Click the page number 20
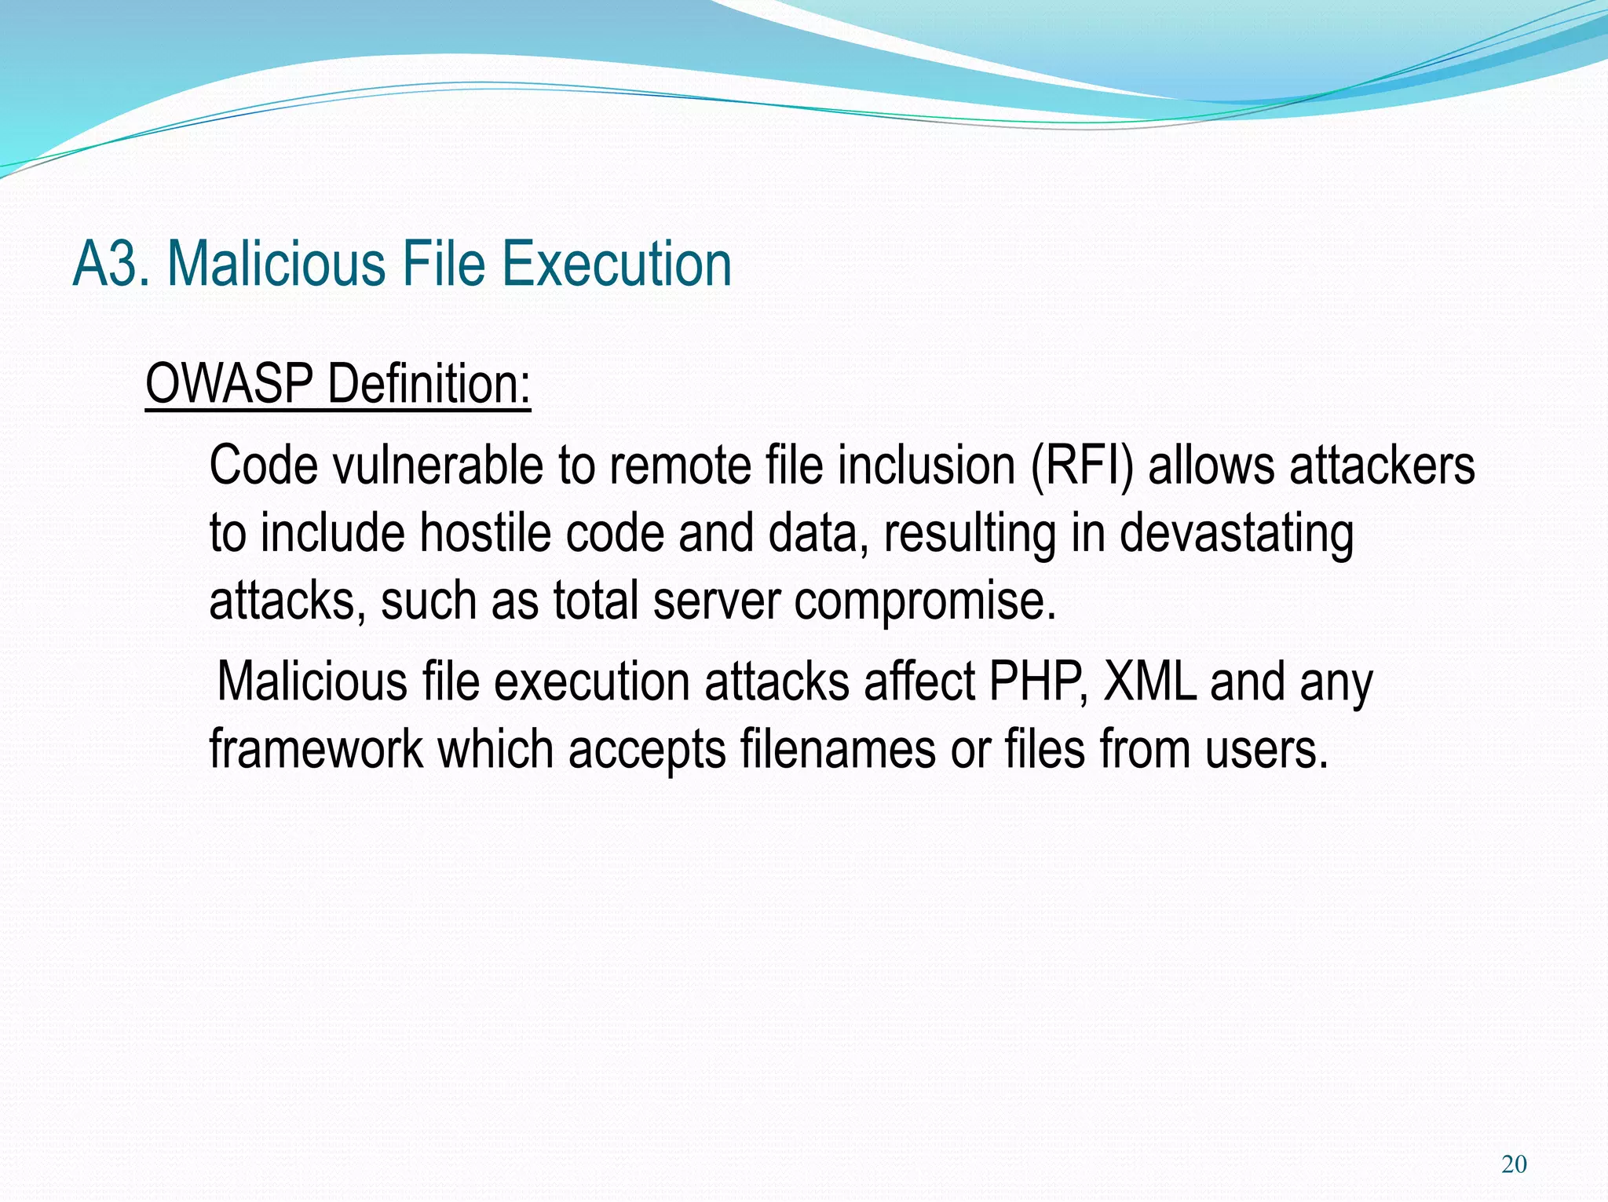coord(1514,1164)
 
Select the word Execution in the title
coord(616,265)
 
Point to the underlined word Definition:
coord(429,384)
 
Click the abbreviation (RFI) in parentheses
coord(1081,466)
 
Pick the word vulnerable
coord(437,466)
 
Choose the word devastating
coord(1236,533)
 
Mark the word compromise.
coord(925,601)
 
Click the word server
coord(716,601)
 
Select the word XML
coord(1149,681)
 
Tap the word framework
coord(316,749)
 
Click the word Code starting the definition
coord(263,466)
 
